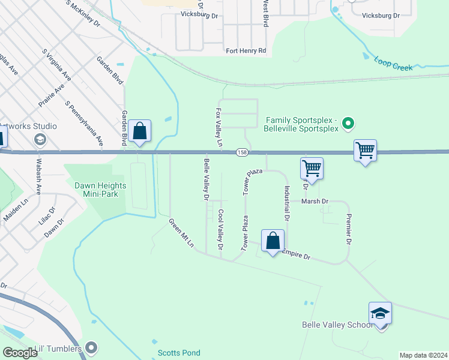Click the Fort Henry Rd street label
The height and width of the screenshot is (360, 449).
click(x=246, y=51)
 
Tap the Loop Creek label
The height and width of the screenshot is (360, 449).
click(x=393, y=64)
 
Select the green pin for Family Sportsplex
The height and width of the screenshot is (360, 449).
click(x=347, y=125)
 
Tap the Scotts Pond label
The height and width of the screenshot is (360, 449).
click(x=178, y=353)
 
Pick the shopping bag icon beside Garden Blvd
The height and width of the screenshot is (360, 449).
click(x=139, y=131)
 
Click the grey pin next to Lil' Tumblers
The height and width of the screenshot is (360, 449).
click(x=91, y=347)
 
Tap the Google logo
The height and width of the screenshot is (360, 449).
click(x=20, y=353)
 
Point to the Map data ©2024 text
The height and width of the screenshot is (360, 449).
click(x=423, y=355)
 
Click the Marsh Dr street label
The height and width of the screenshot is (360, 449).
click(x=315, y=202)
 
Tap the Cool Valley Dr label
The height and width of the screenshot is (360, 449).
click(x=221, y=229)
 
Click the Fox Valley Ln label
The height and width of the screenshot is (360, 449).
click(x=218, y=128)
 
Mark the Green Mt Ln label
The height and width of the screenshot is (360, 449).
click(x=181, y=233)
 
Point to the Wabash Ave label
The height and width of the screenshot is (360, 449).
click(x=37, y=181)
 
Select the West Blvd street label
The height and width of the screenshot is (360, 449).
click(x=265, y=13)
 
